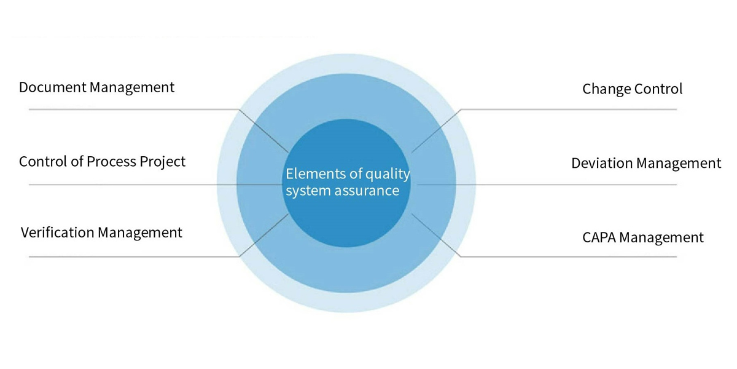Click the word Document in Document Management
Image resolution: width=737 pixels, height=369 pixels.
click(53, 87)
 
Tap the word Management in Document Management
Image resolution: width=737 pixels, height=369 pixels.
click(132, 88)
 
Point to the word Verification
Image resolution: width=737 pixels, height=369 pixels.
click(58, 232)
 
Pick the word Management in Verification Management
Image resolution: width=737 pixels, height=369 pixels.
click(140, 233)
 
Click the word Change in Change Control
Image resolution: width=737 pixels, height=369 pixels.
click(606, 89)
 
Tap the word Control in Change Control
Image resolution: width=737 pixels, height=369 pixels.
click(658, 89)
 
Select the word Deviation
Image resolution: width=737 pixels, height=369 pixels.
click(602, 163)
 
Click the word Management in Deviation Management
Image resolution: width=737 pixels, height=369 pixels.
click(679, 164)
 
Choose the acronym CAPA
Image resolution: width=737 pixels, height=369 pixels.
click(599, 237)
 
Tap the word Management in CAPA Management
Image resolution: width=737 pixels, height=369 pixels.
click(661, 238)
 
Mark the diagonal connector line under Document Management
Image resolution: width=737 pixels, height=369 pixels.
click(263, 131)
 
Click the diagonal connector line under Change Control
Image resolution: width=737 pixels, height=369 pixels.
click(436, 131)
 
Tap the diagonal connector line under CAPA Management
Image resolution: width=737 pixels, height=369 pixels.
click(436, 235)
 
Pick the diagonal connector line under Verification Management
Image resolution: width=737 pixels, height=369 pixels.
click(263, 235)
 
